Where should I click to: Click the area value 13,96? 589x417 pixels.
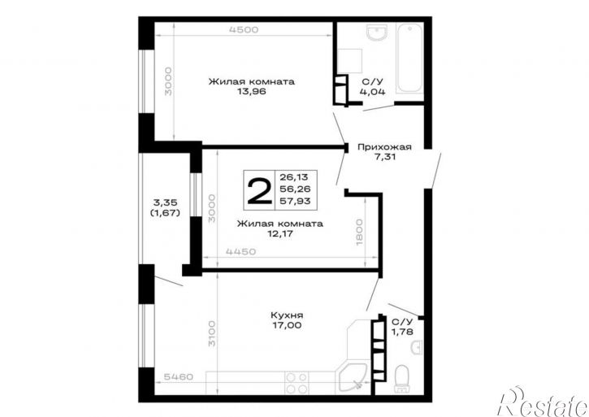[251, 91]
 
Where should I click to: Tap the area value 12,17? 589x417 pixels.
[279, 233]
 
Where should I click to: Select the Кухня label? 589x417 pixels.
[287, 315]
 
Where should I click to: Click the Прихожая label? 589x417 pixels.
[384, 147]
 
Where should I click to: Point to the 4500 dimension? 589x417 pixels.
[244, 30]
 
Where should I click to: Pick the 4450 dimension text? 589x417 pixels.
[240, 251]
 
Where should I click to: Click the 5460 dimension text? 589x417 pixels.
[179, 377]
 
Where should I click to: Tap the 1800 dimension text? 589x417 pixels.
[359, 232]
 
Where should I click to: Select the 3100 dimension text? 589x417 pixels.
[212, 333]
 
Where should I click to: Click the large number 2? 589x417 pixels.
[259, 191]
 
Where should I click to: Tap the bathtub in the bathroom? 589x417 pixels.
[409, 59]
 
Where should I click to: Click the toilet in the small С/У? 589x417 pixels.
[402, 377]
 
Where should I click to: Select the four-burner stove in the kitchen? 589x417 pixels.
[297, 383]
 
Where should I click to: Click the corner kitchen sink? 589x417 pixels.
[352, 379]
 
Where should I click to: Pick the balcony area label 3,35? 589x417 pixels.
[165, 202]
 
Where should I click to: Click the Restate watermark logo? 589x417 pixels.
[543, 402]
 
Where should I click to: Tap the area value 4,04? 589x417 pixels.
[372, 91]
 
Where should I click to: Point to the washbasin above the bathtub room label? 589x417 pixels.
[378, 33]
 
